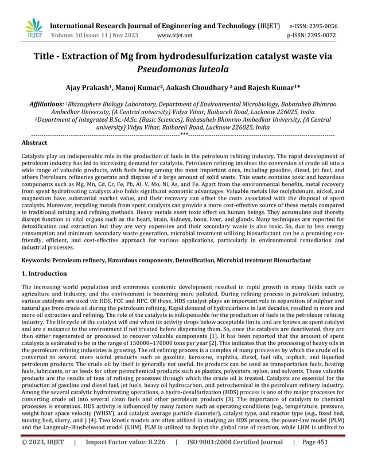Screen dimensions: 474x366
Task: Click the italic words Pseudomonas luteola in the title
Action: (x=182, y=69)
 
